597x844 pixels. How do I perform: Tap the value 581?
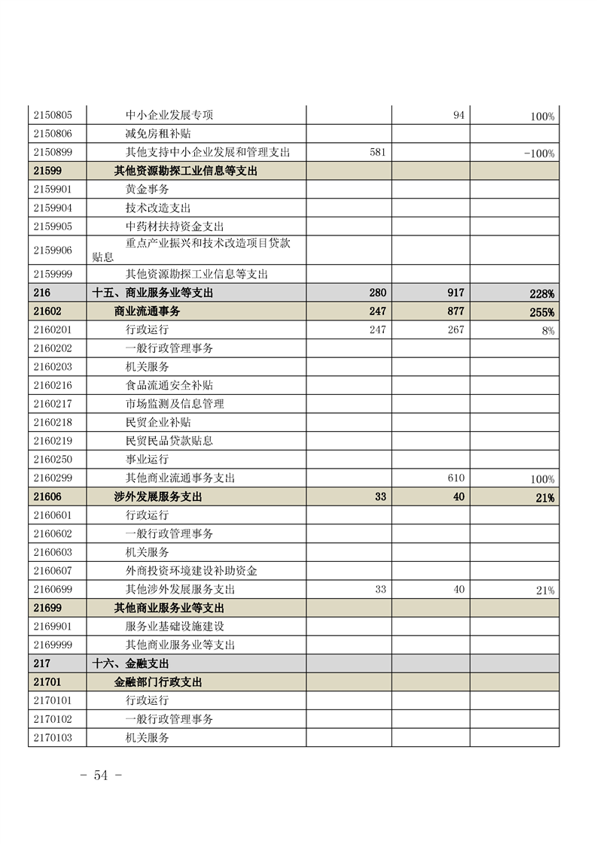[x=378, y=152]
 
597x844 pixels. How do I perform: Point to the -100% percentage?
[x=539, y=153]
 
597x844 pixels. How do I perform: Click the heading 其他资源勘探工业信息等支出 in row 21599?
[x=186, y=171]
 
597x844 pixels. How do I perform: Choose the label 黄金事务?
[x=148, y=190]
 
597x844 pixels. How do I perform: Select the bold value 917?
[x=455, y=293]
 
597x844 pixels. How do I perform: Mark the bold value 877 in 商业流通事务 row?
[x=455, y=311]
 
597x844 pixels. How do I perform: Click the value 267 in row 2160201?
[x=455, y=329]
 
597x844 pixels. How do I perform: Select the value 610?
[x=455, y=478]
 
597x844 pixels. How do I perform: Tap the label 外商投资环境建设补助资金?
[x=191, y=571]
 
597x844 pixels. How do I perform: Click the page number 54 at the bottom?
[x=101, y=776]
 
